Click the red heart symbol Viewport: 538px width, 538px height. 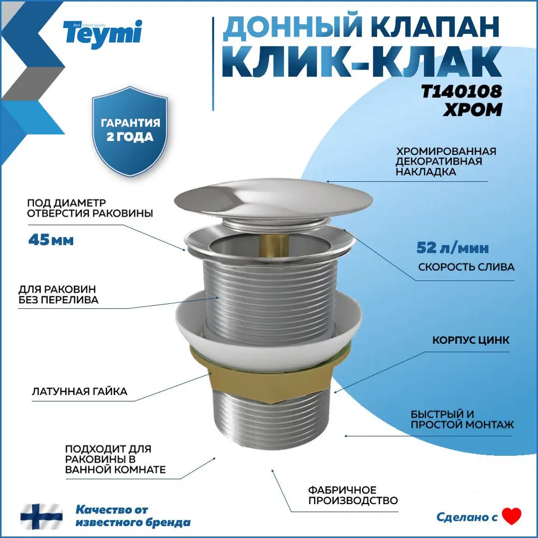[512, 516]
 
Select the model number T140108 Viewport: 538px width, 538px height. [461, 91]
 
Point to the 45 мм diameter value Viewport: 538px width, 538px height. [51, 239]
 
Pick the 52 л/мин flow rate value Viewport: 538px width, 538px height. [453, 248]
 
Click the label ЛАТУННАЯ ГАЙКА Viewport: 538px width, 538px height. [80, 391]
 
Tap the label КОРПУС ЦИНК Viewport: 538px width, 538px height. [471, 341]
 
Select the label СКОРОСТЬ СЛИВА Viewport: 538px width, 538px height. [466, 267]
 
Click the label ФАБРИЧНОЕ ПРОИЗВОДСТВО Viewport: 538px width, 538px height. [352, 495]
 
